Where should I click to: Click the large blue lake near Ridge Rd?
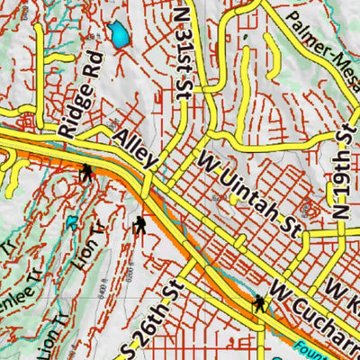pyautogui.click(x=118, y=36)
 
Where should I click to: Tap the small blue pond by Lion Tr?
pyautogui.click(x=71, y=222)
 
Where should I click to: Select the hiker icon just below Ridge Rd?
pyautogui.click(x=86, y=172)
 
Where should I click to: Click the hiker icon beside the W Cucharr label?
pyautogui.click(x=259, y=304)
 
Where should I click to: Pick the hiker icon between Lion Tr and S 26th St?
pyautogui.click(x=139, y=226)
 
